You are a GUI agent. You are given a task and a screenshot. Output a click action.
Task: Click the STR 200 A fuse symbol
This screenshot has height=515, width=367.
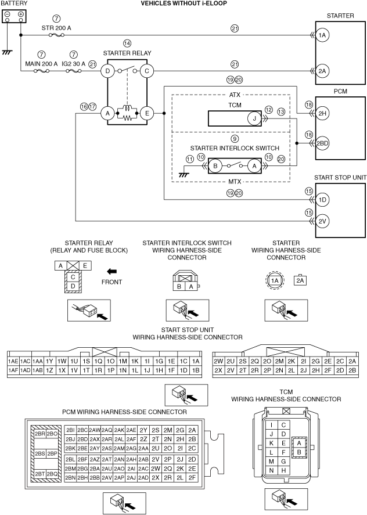tap(56, 35)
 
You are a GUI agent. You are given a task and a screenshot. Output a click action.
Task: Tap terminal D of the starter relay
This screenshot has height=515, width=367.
tap(107, 71)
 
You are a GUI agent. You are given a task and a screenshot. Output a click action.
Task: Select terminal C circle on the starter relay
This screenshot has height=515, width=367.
tap(146, 71)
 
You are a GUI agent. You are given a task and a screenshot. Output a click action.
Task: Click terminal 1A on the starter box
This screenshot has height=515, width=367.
tap(322, 35)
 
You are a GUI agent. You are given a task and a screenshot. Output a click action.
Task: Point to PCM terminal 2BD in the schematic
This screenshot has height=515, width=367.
tap(322, 143)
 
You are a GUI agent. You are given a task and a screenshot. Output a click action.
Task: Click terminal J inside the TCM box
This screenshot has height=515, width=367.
tap(254, 118)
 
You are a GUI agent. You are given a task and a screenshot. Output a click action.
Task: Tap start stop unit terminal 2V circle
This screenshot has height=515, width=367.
tap(322, 221)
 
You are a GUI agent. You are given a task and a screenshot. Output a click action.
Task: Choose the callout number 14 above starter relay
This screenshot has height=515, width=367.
tap(127, 43)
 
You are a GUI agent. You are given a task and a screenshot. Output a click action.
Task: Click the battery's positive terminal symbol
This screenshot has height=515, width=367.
tap(21, 15)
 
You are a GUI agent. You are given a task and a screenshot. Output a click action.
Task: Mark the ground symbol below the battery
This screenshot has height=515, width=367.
tap(6, 52)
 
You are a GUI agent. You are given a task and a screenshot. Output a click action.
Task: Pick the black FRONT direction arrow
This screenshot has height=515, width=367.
tap(112, 271)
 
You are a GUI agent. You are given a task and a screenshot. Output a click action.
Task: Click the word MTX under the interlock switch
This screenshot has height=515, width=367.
tap(235, 181)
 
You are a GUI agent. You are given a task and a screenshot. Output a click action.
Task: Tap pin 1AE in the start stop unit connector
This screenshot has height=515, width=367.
tap(13, 361)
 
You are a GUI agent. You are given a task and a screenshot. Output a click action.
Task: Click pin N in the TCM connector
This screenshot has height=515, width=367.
tap(271, 470)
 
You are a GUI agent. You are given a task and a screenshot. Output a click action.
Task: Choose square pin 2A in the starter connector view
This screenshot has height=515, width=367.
tap(300, 280)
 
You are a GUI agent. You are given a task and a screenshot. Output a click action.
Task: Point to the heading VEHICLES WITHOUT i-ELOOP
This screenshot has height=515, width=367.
tap(183, 3)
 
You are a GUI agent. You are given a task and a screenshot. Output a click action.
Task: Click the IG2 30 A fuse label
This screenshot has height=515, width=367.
tap(74, 64)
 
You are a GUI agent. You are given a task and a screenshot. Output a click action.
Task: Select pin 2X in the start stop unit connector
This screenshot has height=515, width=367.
tap(218, 370)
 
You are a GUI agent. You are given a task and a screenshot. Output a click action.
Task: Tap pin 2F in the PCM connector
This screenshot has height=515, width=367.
tap(192, 478)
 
